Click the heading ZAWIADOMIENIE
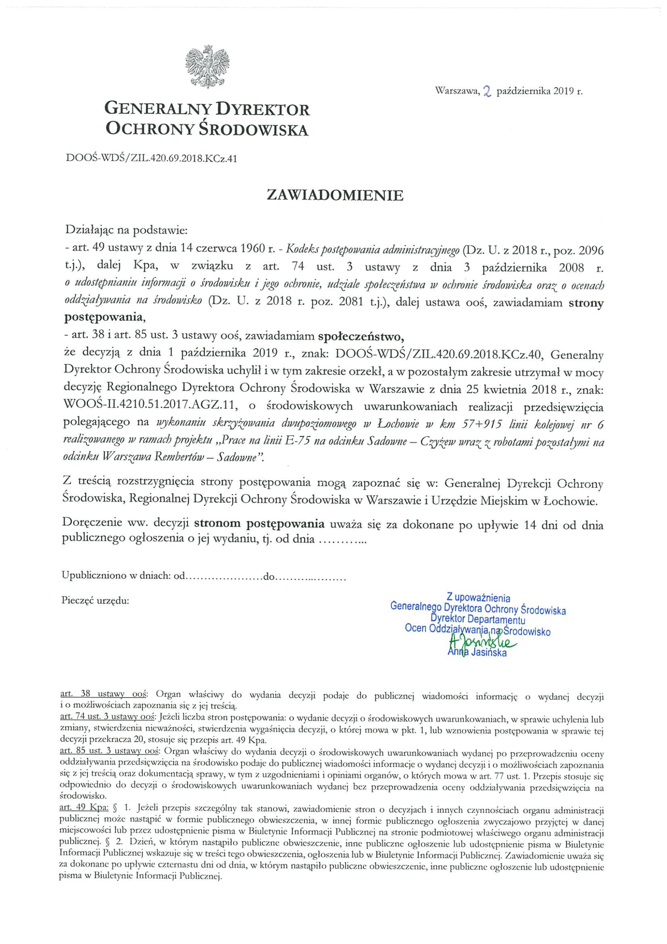[x=335, y=195]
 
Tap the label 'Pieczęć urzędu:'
[x=95, y=600]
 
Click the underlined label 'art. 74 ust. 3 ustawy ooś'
[x=108, y=718]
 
